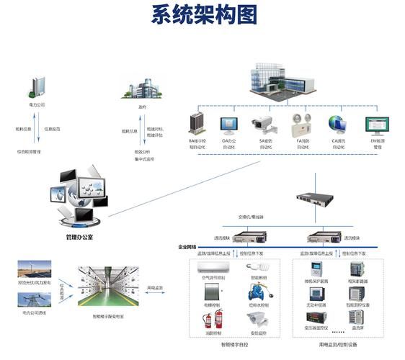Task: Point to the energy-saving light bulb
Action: (x=258, y=266)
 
